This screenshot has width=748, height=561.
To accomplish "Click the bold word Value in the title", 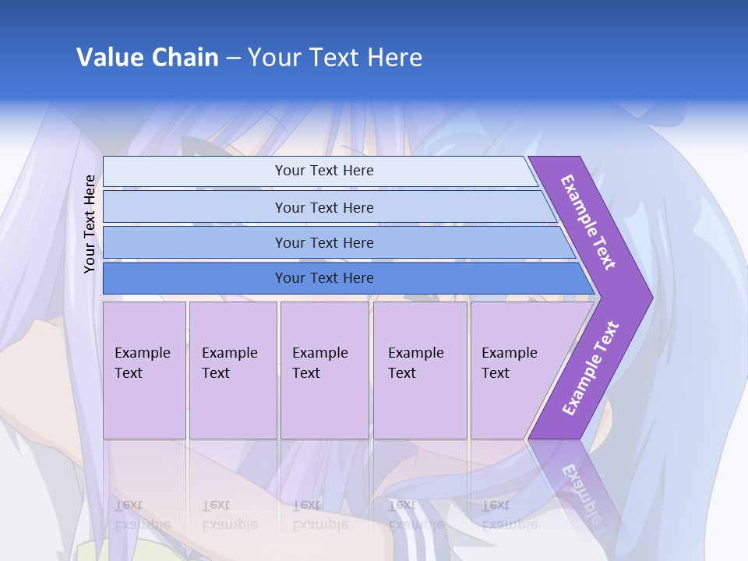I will coord(111,58).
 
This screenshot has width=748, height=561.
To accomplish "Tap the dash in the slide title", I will coord(233,58).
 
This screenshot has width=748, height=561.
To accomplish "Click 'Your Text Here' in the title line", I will coord(335,58).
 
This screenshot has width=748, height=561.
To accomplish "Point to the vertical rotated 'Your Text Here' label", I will coord(90,224).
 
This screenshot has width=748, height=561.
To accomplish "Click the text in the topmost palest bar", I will coord(324,171).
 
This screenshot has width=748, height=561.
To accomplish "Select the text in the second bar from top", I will coord(324,207).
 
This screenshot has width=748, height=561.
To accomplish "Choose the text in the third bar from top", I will coord(324,242).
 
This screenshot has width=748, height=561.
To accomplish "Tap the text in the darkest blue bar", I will coord(324,278).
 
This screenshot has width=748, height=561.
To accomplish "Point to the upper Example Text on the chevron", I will coord(589,222).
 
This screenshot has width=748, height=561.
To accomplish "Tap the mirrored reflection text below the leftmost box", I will coord(143,515).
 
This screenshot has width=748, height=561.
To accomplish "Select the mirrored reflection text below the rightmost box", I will coord(510,515).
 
